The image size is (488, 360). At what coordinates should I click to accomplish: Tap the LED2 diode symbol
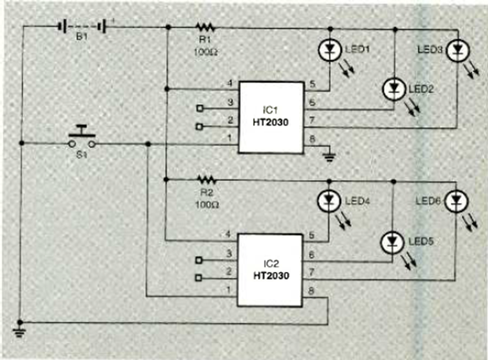(394, 88)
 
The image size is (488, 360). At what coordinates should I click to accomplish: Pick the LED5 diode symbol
(392, 242)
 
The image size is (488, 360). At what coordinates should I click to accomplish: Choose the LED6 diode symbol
(455, 202)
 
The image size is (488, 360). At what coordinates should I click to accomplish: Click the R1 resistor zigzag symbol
(206, 27)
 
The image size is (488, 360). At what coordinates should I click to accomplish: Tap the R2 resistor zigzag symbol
(204, 180)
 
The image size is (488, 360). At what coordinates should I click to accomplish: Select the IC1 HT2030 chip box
(270, 117)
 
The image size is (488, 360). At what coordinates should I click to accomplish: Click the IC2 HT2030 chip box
(270, 269)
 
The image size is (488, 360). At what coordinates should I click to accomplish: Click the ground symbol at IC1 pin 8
(330, 153)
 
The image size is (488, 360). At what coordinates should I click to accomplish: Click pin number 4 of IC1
(228, 82)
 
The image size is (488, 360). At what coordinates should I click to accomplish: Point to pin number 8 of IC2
(312, 290)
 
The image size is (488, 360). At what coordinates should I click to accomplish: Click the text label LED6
(429, 202)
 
